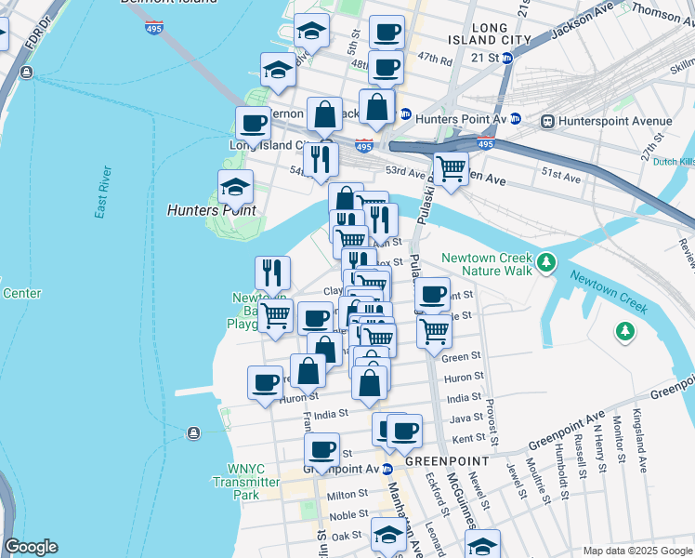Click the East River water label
103,193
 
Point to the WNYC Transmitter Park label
246,483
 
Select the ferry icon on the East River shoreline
192,432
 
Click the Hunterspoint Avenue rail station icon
547,121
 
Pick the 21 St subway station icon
506,58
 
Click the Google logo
31,547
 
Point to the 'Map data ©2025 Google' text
636,551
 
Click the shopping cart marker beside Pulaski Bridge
451,170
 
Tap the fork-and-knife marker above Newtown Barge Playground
273,272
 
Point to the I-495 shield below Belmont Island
154,27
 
